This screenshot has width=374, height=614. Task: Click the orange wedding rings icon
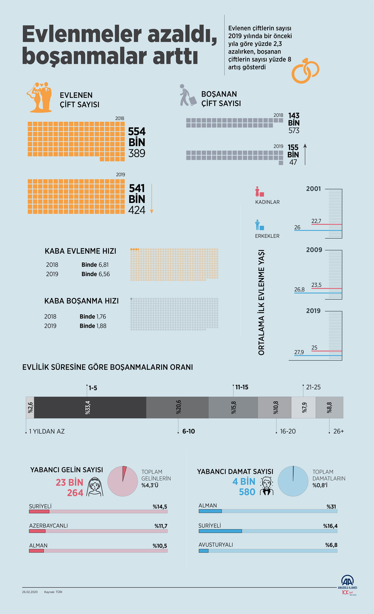pyautogui.click(x=305, y=70)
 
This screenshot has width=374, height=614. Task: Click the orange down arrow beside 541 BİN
pyautogui.click(x=152, y=198)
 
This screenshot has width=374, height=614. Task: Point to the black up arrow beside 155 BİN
pyautogui.click(x=305, y=154)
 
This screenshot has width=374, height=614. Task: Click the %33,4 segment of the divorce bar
pyautogui.click(x=90, y=408)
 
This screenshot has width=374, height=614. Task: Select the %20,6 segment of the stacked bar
pyautogui.click(x=177, y=408)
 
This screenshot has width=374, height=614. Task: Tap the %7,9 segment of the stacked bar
pyautogui.click(x=304, y=408)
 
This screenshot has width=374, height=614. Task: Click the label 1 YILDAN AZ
pyautogui.click(x=47, y=431)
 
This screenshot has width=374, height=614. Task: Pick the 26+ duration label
pyautogui.click(x=338, y=431)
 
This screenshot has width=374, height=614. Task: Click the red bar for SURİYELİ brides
pyautogui.click(x=39, y=511)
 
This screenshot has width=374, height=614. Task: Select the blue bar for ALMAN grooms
pyautogui.click(x=210, y=511)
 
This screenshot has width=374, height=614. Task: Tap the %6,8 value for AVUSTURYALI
pyautogui.click(x=331, y=545)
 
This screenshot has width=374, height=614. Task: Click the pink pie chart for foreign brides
pyautogui.click(x=122, y=481)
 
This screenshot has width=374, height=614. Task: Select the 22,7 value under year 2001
pyautogui.click(x=316, y=221)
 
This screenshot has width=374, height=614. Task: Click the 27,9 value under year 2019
pyautogui.click(x=299, y=352)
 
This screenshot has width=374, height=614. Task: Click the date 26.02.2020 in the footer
pyautogui.click(x=30, y=592)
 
